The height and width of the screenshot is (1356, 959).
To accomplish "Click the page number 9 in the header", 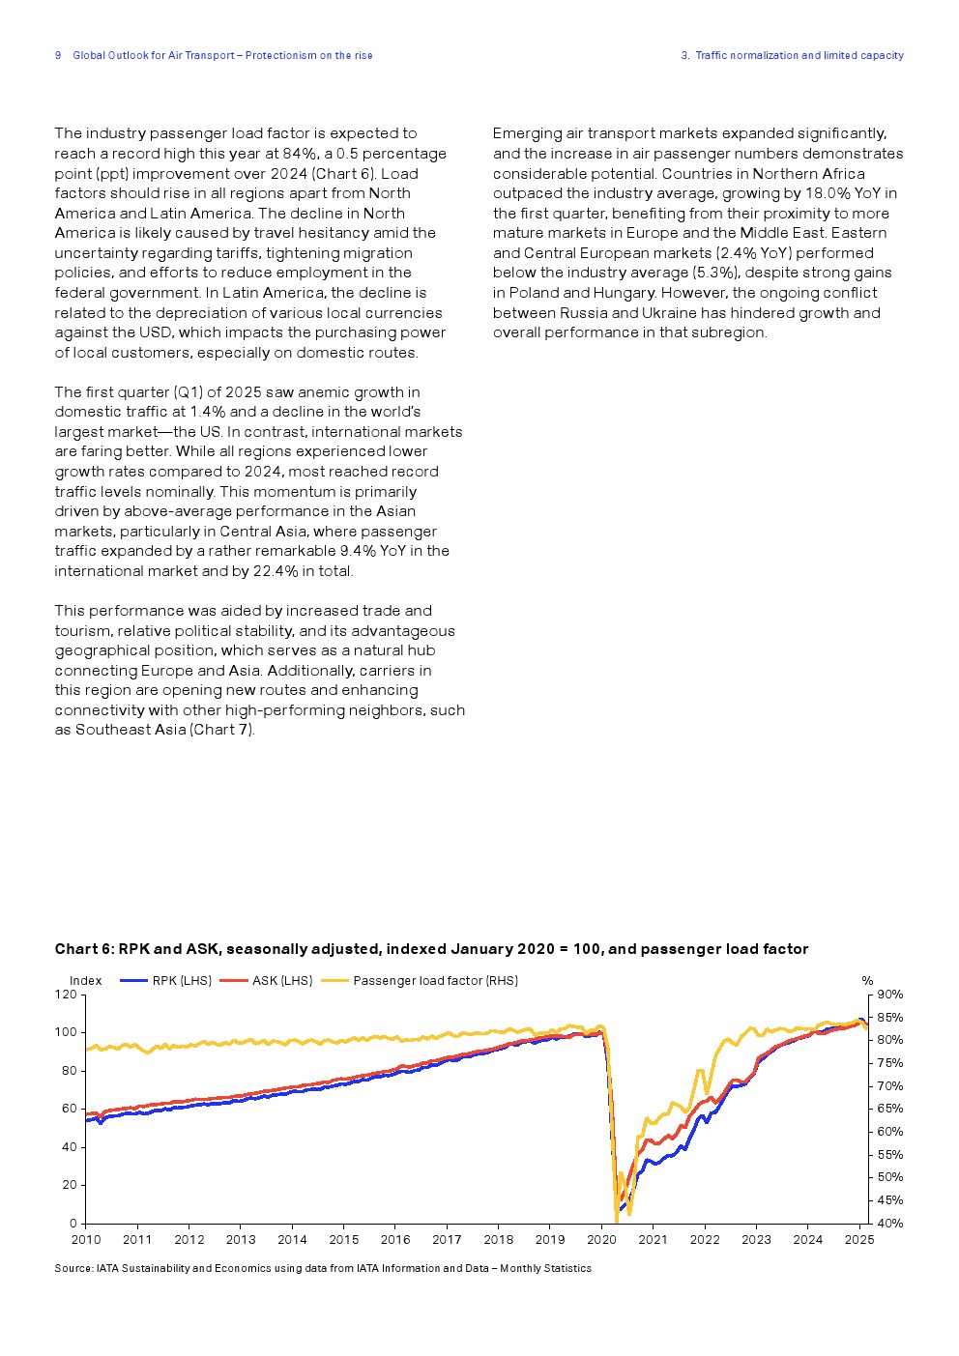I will pos(58,56).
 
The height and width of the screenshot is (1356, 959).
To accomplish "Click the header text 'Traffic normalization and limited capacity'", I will pos(799,56).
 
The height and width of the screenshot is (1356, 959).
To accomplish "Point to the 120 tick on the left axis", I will pos(66,995).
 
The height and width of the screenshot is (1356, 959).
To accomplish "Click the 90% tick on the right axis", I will pos(889,995).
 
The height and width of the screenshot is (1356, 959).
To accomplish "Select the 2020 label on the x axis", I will pos(601,1240).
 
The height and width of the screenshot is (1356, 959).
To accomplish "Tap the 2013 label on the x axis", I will pos(241,1240).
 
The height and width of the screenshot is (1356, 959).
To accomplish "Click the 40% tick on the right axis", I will pos(889,1224).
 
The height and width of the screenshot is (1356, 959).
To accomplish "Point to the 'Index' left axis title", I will pos(85,981).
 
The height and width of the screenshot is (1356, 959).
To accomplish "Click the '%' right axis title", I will pos(867,981).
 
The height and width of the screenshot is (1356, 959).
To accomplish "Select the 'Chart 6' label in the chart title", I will pos(84,949).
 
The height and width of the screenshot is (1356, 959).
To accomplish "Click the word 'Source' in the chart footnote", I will pos(73,1269).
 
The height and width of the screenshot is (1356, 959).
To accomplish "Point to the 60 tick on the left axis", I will pos(70,1109).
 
